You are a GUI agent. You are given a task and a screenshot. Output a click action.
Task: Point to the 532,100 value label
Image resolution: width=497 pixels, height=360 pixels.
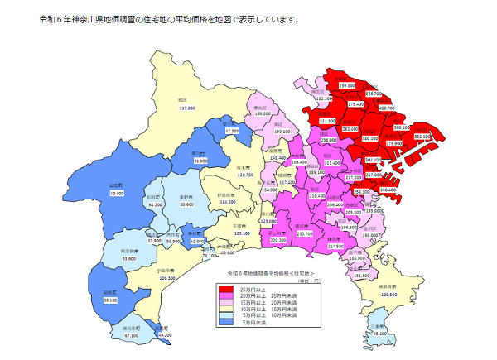point(422,137)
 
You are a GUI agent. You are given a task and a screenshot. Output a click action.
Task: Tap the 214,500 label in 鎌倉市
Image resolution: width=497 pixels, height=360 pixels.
point(335,246)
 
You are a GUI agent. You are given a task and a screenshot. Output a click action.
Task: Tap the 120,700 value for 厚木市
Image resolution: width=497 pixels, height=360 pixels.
point(245,175)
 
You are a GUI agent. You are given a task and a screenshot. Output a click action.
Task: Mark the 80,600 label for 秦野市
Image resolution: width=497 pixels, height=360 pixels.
point(186,204)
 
